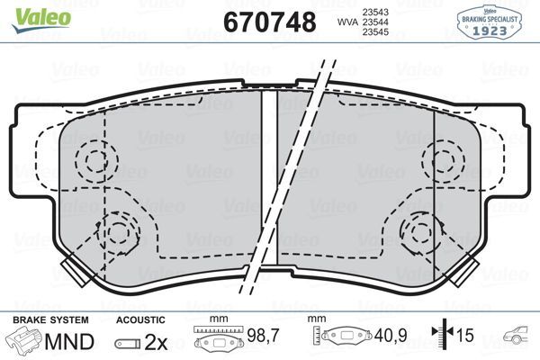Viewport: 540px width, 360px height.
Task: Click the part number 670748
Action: point(269,21)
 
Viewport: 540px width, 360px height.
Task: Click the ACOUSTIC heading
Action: point(140,320)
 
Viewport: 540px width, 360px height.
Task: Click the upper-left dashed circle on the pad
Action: point(92,162)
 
